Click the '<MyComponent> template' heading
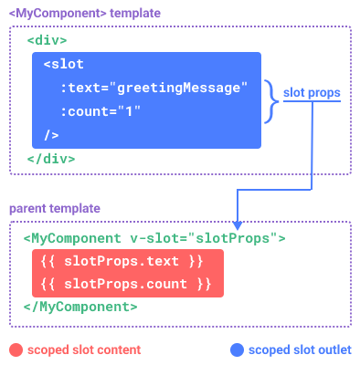84,14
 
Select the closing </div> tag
51,158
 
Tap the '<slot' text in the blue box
61,64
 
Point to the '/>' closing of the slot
51,135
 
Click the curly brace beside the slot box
271,99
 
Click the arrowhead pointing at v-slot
238,225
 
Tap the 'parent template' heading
55,209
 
